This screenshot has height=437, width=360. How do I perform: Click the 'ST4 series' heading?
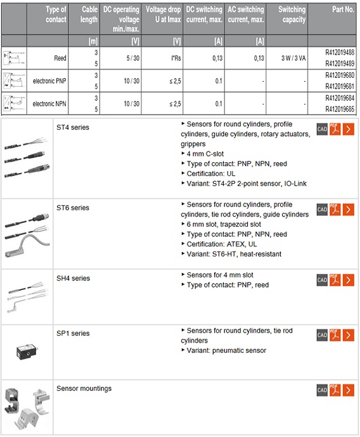[x=73, y=127]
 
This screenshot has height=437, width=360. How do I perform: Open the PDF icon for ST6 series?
[x=334, y=210]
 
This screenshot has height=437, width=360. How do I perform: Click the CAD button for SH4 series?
[x=321, y=280]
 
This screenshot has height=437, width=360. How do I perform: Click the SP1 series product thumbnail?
[x=27, y=350]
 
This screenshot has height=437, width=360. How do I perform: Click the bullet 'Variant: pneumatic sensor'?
[x=226, y=350]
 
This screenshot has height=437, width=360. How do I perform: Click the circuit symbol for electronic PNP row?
[x=13, y=80]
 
